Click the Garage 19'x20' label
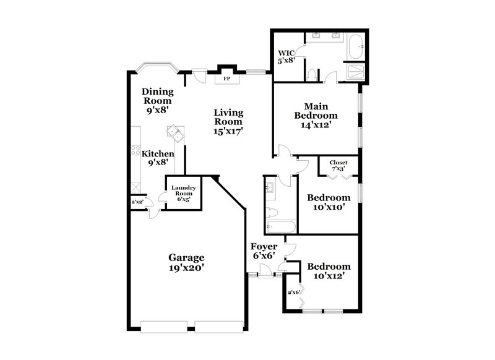186,262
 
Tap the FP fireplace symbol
226,79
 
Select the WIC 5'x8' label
286,56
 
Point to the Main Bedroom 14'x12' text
316,114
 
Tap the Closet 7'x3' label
338,166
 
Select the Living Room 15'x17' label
228,121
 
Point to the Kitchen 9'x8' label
158,158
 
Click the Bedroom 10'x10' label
329,203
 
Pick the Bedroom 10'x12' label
329,271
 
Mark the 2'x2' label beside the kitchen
136,202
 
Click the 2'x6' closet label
293,292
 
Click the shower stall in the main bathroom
356,72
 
